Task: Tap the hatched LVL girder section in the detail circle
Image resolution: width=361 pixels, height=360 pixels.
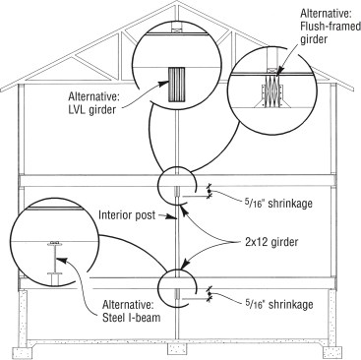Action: [x=178, y=80]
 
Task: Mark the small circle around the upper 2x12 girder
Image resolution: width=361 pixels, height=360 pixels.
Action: [x=178, y=186]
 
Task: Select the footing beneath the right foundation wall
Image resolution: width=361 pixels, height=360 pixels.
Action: [x=333, y=347]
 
